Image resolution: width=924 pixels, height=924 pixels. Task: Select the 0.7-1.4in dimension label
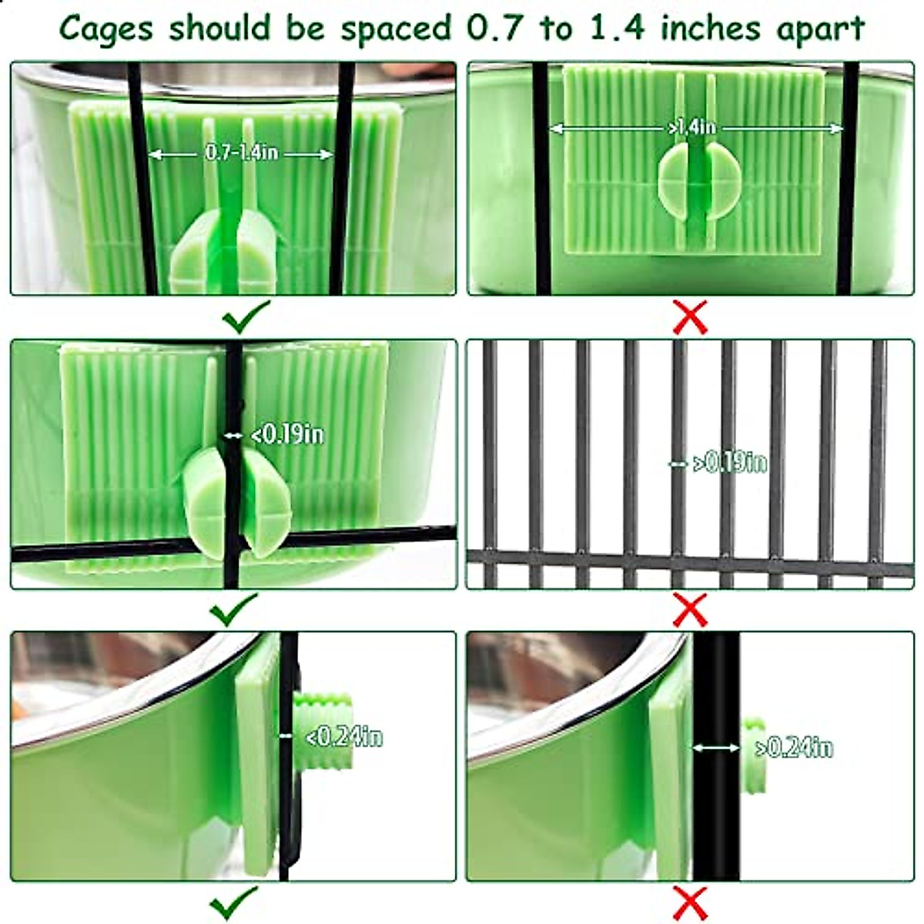click(x=241, y=152)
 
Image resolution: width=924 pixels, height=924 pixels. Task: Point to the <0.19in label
click(x=287, y=435)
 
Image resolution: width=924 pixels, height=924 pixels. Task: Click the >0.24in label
click(x=794, y=747)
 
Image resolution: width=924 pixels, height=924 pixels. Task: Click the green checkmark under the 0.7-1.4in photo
click(x=246, y=315)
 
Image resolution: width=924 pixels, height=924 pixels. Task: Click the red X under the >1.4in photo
click(x=691, y=316)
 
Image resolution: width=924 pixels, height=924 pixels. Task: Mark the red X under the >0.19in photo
click(x=691, y=610)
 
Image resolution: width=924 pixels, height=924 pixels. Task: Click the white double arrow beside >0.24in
click(x=716, y=747)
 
